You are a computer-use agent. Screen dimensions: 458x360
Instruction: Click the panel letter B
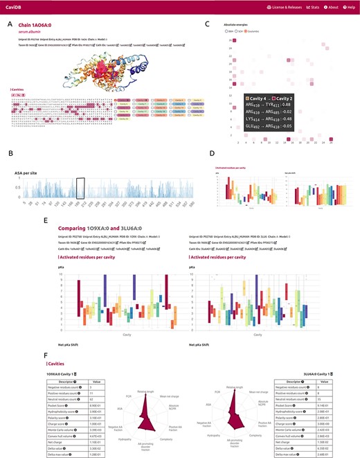pyautogui.click(x=10, y=154)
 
